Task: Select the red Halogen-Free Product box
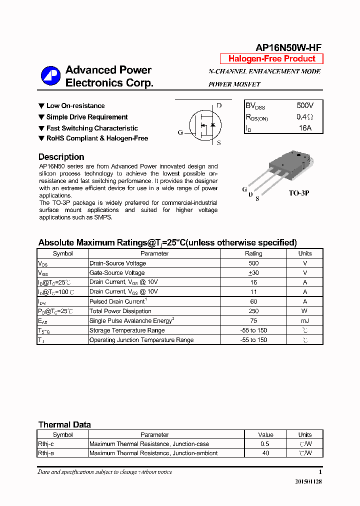tap(271, 58)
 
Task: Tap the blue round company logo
tap(50, 76)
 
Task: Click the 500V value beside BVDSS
tap(305, 106)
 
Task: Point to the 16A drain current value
tap(305, 128)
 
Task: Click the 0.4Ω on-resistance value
tap(304, 117)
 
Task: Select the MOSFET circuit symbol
tap(204, 124)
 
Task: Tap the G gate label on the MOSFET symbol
tap(180, 132)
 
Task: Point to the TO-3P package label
tap(299, 193)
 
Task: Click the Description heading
tap(61, 157)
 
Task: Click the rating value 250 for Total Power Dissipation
tap(253, 311)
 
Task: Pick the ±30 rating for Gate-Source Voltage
tap(253, 273)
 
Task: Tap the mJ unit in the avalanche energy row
tap(304, 320)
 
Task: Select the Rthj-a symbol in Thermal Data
tap(46, 453)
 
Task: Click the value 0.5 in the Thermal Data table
tap(265, 444)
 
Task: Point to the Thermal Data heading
tap(64, 424)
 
